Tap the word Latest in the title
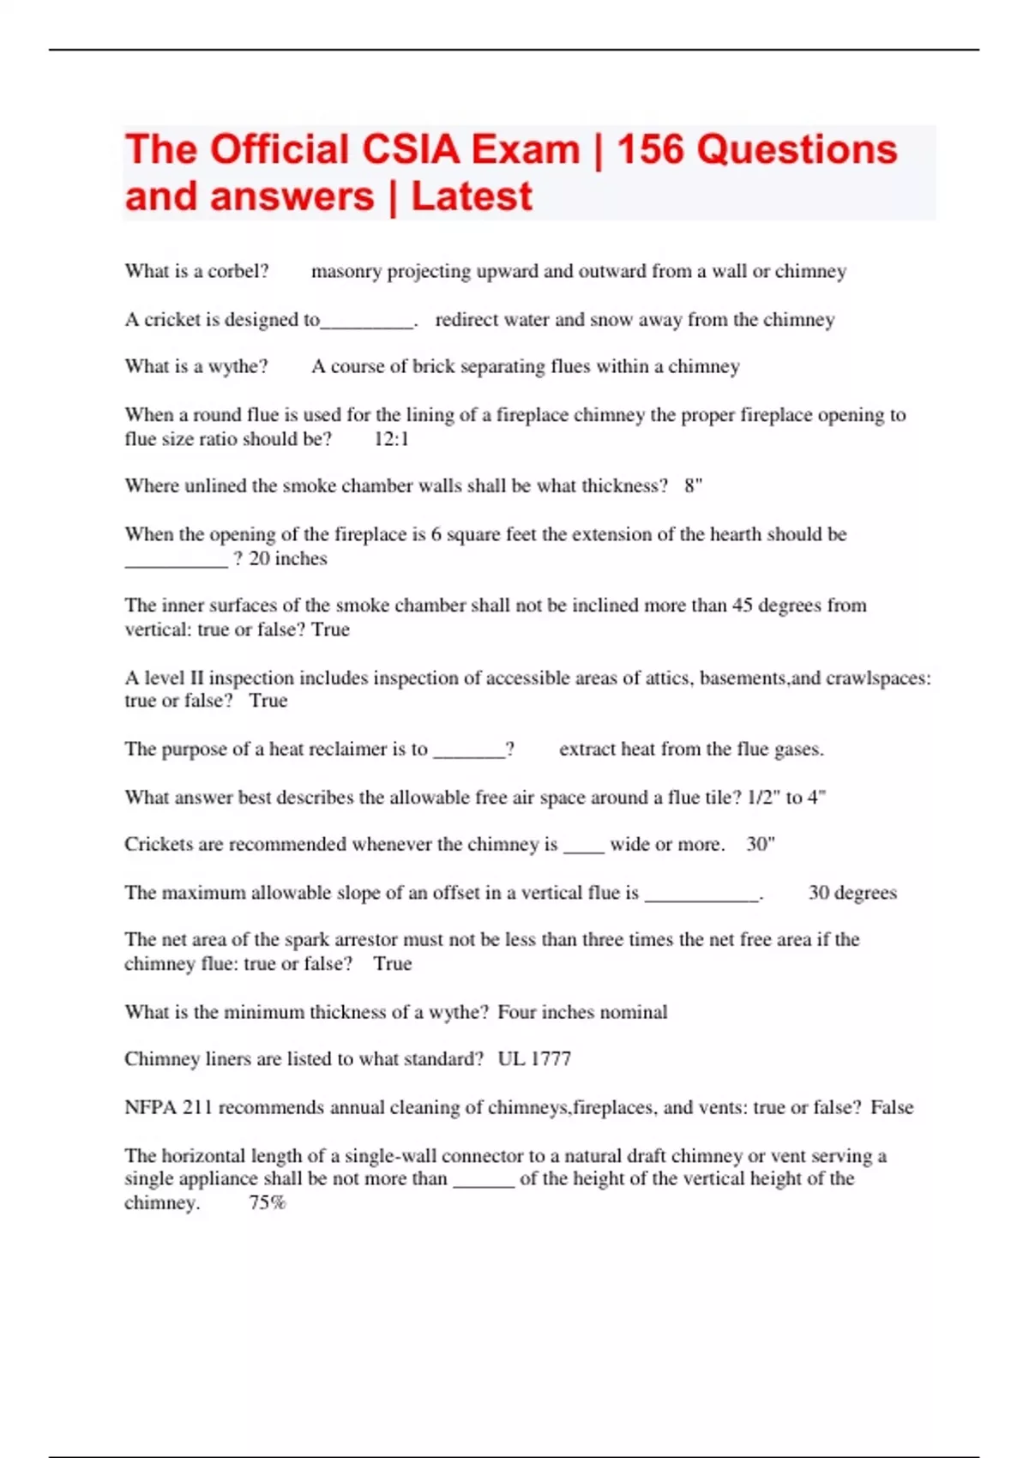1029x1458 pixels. pos(472,196)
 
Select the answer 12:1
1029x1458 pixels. pos(392,439)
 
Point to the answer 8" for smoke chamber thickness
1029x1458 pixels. pos(693,486)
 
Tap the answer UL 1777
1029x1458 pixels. pos(534,1059)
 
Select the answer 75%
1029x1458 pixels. pos(267,1202)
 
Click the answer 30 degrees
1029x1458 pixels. pos(852,893)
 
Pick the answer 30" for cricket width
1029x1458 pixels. pos(761,845)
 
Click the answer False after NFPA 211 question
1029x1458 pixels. pos(892,1107)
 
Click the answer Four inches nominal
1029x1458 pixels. pos(582,1012)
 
